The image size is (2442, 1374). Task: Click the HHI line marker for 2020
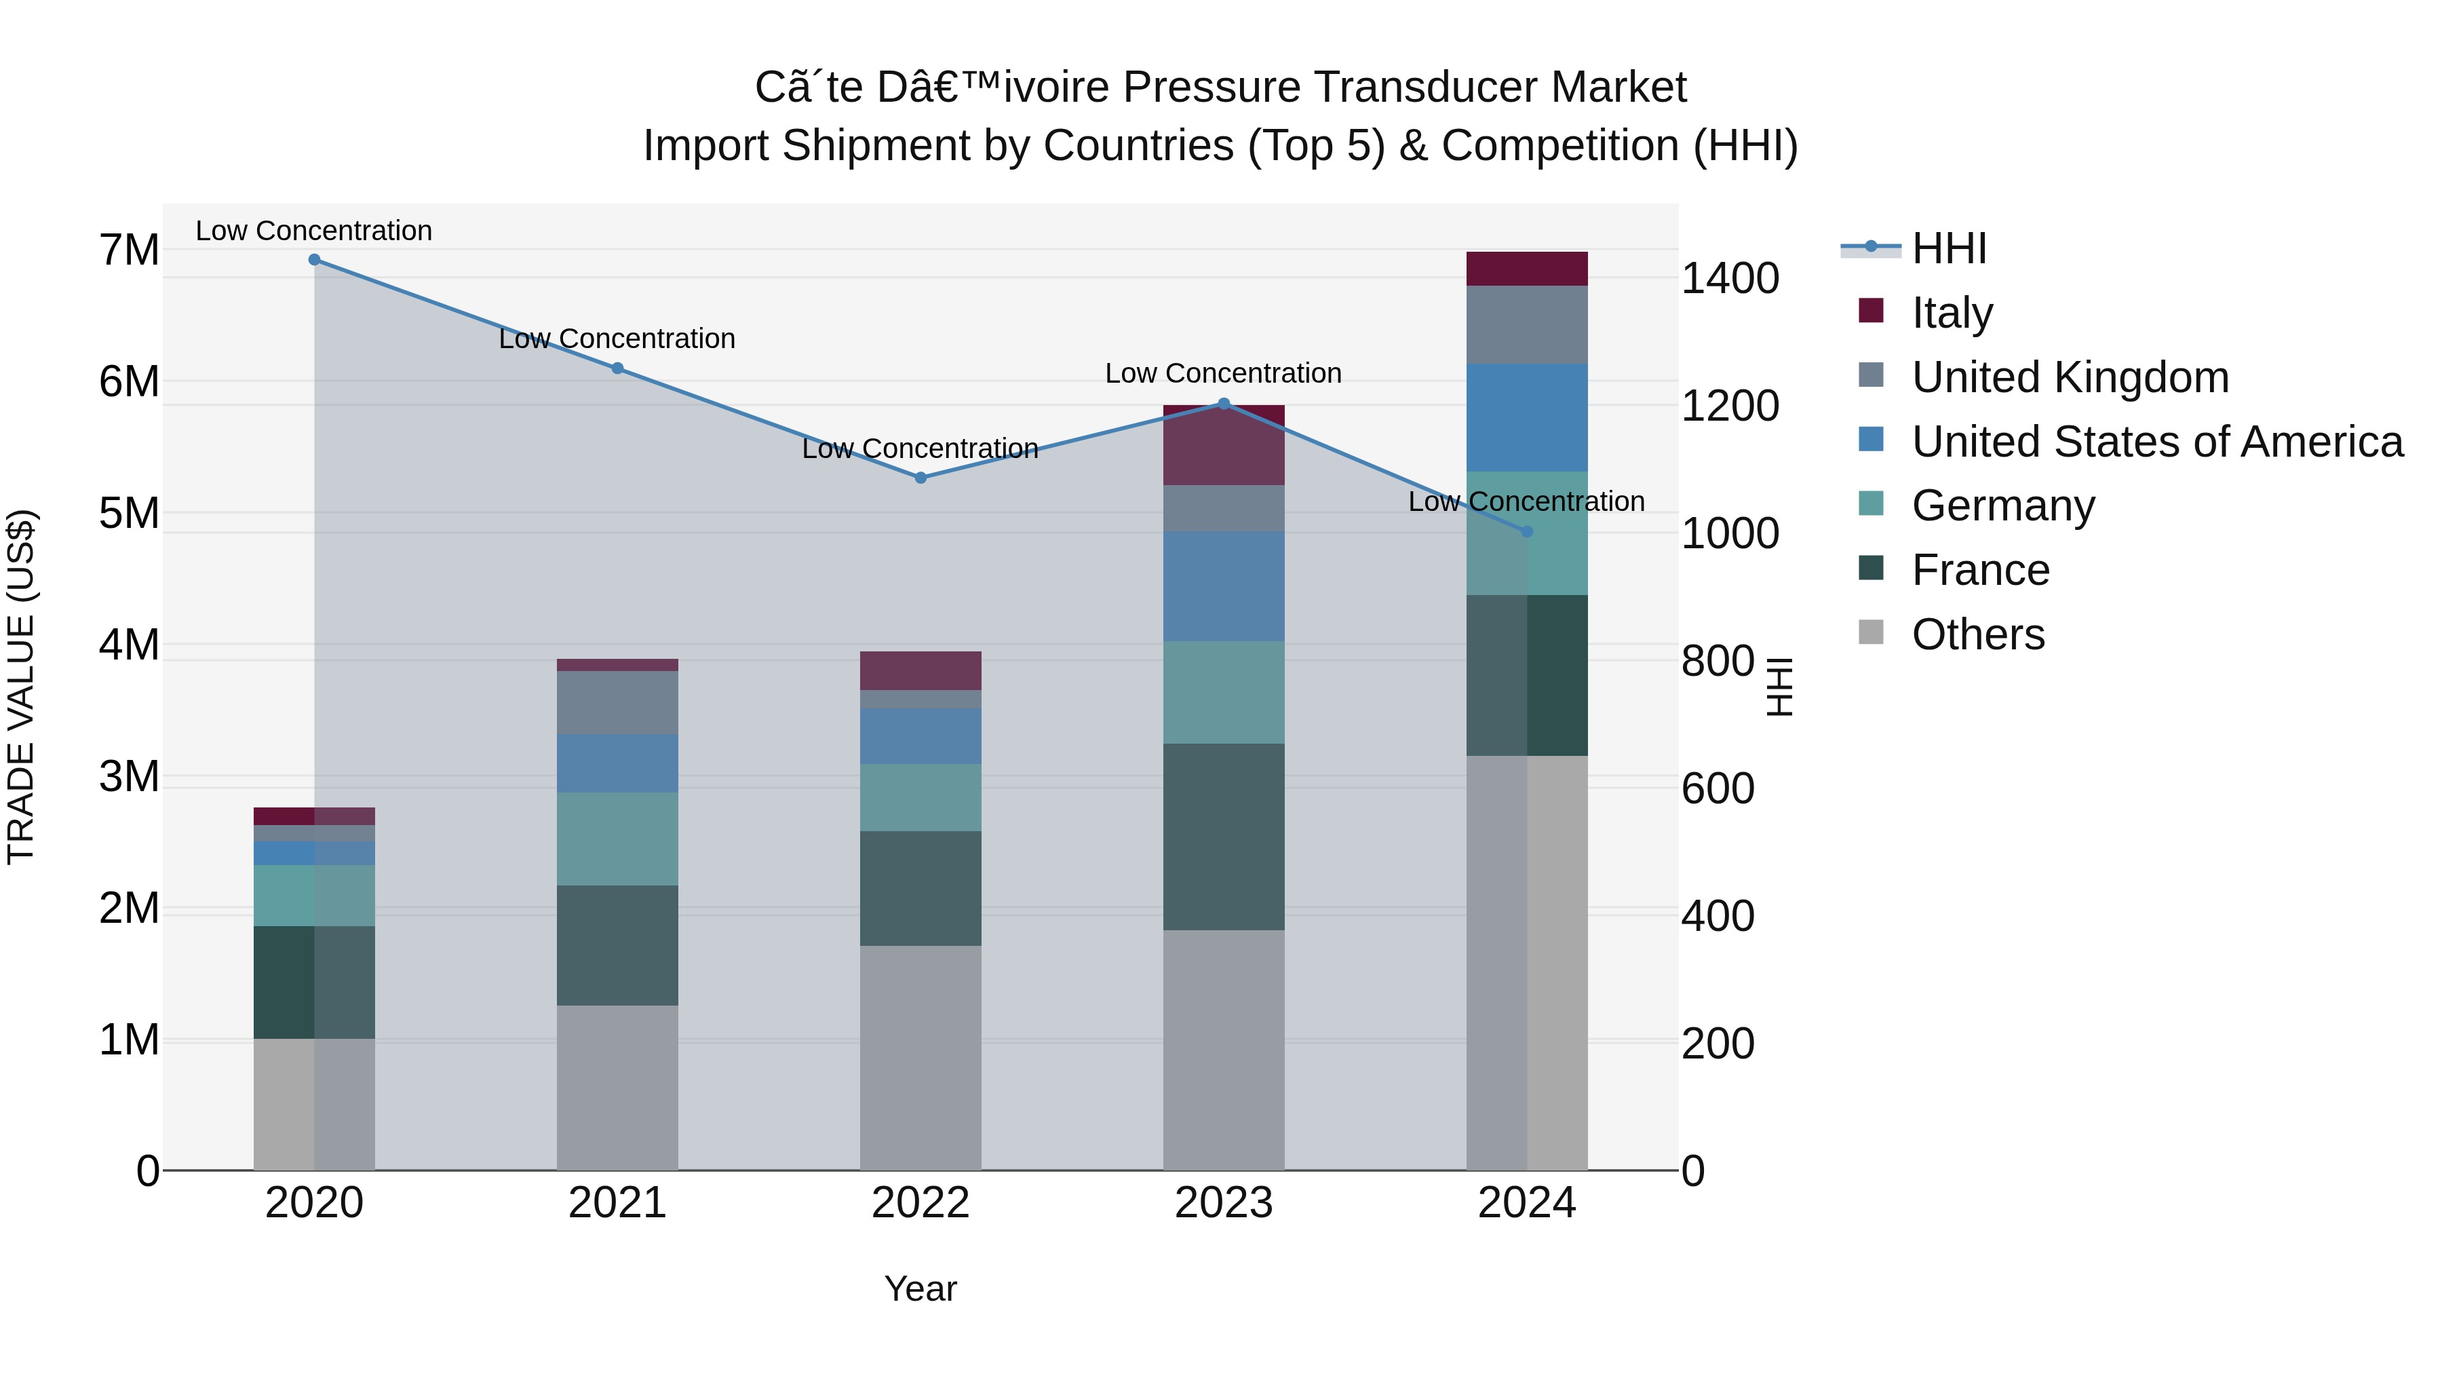pos(315,260)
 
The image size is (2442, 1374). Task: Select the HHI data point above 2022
pos(920,478)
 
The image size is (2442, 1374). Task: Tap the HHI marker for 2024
pos(1526,532)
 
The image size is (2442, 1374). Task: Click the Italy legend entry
pos(1952,312)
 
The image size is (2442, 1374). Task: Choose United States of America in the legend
pos(2156,441)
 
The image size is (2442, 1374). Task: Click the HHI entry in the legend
pos(1948,248)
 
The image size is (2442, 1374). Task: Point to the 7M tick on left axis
pos(129,250)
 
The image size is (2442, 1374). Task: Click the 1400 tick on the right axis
pos(1730,279)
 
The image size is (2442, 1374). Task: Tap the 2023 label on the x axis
pos(1223,1203)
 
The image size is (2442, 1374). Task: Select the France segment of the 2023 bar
pos(1223,837)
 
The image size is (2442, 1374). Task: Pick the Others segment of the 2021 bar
pos(617,1088)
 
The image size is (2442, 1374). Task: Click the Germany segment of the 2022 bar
pos(920,797)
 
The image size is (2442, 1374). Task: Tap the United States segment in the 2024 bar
pos(1526,417)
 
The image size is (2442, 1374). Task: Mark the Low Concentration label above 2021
pos(617,339)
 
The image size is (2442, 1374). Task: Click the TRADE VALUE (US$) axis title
pos(21,687)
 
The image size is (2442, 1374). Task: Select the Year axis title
pos(920,1289)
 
